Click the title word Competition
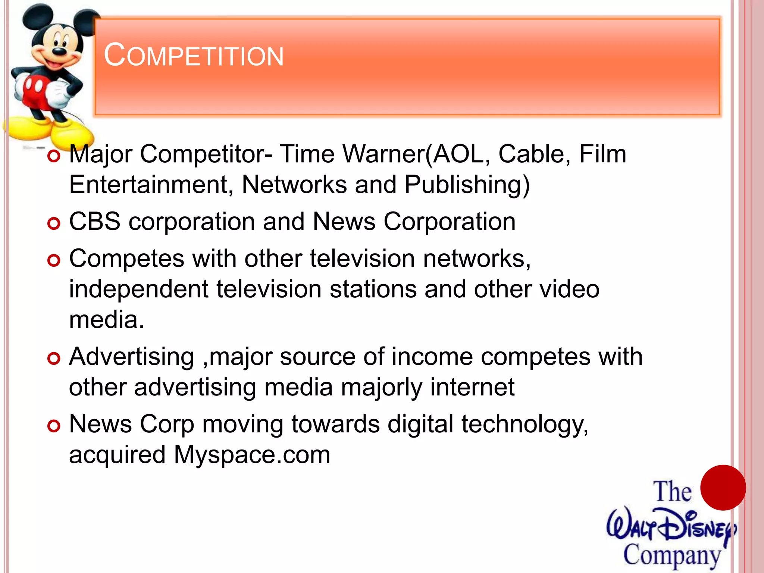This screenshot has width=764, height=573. tap(194, 56)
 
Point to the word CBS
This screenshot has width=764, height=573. tap(95, 222)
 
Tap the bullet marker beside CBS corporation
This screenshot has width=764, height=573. tap(54, 223)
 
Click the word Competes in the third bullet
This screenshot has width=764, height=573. tap(126, 259)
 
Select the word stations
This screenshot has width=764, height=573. tap(373, 289)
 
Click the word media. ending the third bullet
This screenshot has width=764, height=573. tap(107, 320)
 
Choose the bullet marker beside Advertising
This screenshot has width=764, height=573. tap(54, 358)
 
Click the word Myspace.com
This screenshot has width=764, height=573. tap(252, 455)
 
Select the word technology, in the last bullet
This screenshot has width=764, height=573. tap(525, 425)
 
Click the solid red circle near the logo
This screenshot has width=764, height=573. tap(723, 488)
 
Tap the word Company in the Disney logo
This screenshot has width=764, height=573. tap(672, 555)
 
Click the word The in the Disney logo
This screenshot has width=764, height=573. tap(672, 492)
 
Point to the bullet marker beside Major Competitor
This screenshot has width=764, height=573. tap(54, 156)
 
